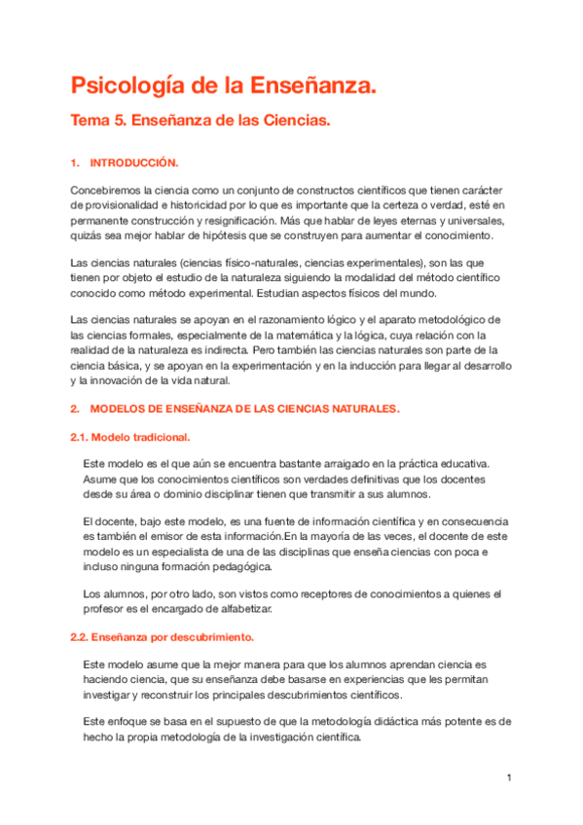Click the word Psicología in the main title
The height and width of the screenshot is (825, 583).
point(128,87)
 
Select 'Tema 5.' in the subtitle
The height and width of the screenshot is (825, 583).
point(100,122)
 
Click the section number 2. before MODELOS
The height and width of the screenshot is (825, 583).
point(75,409)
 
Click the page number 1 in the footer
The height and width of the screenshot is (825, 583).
point(508,777)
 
